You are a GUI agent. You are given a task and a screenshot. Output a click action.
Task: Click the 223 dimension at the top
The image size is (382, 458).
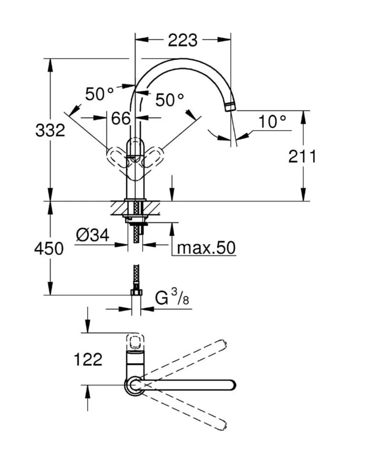tap(182, 40)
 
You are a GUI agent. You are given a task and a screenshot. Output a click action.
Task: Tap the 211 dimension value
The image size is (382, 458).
tap(302, 157)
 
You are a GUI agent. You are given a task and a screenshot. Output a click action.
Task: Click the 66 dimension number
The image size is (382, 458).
tap(121, 118)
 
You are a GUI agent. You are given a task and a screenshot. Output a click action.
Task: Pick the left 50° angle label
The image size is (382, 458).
tap(99, 94)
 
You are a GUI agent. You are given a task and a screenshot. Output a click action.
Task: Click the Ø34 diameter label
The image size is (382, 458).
tap(93, 235)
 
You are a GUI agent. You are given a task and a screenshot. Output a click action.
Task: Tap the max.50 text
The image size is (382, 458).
tap(206, 248)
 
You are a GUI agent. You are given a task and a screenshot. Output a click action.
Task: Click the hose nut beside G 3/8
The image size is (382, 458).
tap(136, 292)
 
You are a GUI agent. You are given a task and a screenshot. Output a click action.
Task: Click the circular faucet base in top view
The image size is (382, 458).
tap(134, 385)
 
